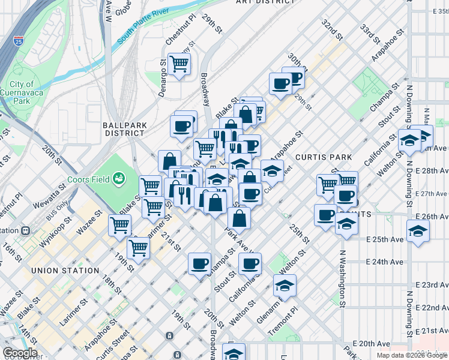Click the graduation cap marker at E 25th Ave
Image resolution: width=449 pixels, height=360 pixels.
coord(418,230)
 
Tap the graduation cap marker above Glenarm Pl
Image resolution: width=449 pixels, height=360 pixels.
coord(285,284)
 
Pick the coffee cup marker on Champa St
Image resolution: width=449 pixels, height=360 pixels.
coord(199,263)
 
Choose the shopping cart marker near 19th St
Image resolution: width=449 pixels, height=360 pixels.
coord(139,247)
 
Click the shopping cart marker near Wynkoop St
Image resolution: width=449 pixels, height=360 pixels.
coord(120,225)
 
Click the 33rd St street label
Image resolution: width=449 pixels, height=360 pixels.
coord(372,36)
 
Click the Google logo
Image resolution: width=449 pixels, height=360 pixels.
coord(20,353)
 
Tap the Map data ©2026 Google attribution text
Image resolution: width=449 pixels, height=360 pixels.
coord(411,355)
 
